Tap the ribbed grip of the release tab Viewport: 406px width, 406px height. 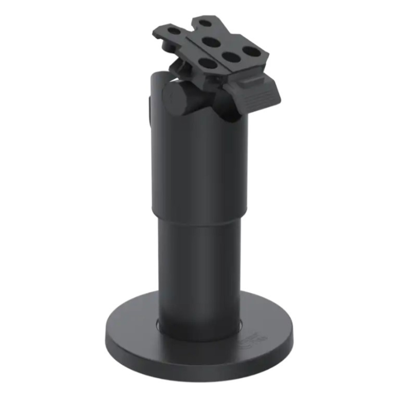260,95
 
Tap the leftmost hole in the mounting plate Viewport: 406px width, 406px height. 174,32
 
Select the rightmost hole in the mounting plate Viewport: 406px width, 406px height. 250,51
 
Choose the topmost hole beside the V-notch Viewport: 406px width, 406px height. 204,23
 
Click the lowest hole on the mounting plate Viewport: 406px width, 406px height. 207,63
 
